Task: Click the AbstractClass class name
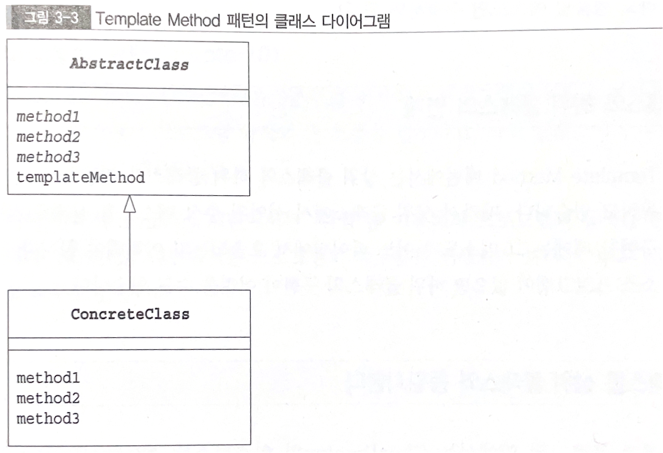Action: pos(129,64)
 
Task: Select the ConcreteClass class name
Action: pos(130,314)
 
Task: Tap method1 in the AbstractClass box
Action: pos(48,116)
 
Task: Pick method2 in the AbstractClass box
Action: pos(48,137)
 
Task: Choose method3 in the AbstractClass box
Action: pos(48,157)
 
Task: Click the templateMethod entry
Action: pos(81,177)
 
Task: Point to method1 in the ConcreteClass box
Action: pos(48,378)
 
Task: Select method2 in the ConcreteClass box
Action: pos(48,398)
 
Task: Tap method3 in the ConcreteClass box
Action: pos(48,419)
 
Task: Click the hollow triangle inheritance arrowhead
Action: pos(130,205)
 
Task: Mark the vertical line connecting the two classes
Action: pos(130,250)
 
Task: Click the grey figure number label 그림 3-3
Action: pos(51,17)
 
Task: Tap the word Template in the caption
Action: pos(128,19)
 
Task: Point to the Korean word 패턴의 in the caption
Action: pos(247,21)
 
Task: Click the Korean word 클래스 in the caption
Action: pos(295,21)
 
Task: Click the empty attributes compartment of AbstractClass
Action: pos(128,95)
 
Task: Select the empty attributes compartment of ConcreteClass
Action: pos(129,343)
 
